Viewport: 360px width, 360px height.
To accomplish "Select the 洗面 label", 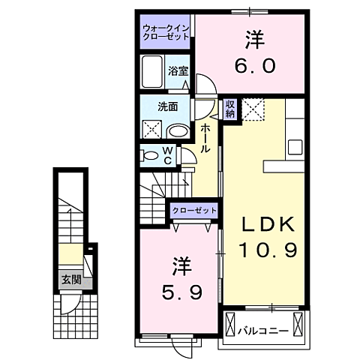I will (x=167, y=106).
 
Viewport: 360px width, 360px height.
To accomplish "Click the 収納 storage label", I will (x=231, y=110).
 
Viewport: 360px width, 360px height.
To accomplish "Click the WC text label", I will (x=169, y=155).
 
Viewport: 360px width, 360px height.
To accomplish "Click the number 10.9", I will (x=267, y=250).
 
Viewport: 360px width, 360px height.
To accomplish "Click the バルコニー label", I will (x=263, y=330).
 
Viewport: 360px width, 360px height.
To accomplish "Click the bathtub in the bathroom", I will (x=153, y=72).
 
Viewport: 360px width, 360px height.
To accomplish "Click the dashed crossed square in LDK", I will (x=253, y=111).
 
